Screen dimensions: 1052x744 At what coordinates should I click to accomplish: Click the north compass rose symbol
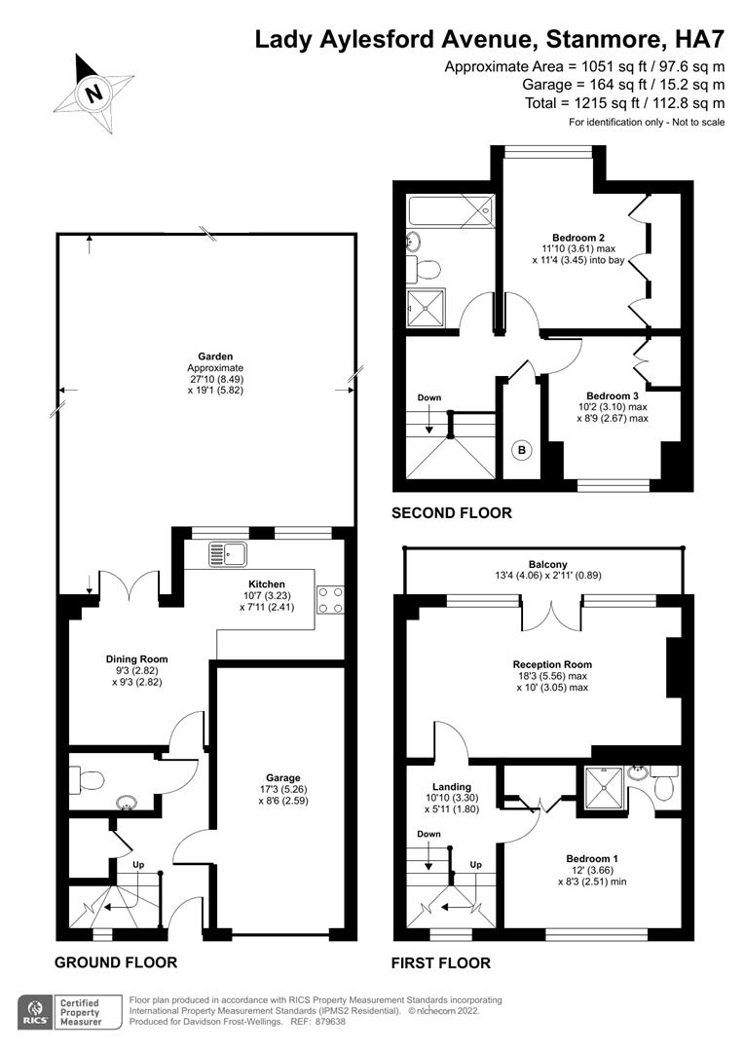click(x=93, y=94)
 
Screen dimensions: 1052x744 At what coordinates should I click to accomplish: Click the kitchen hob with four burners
click(x=330, y=599)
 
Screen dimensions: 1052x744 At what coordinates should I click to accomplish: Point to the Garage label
click(x=279, y=778)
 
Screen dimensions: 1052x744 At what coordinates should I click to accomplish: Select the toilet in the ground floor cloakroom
click(x=90, y=779)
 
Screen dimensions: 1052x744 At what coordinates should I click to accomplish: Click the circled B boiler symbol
click(x=522, y=450)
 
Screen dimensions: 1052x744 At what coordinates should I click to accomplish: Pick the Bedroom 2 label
click(x=578, y=238)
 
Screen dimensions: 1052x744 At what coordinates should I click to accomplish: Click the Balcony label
click(x=548, y=564)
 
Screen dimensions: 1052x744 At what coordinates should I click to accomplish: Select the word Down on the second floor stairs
click(x=428, y=397)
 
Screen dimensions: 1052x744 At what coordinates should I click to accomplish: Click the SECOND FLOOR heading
click(x=451, y=513)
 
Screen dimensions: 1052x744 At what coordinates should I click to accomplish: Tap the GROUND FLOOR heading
click(x=116, y=962)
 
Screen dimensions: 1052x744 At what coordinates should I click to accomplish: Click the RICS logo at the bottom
click(x=35, y=1013)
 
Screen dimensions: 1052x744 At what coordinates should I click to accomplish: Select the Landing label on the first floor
click(x=452, y=786)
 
